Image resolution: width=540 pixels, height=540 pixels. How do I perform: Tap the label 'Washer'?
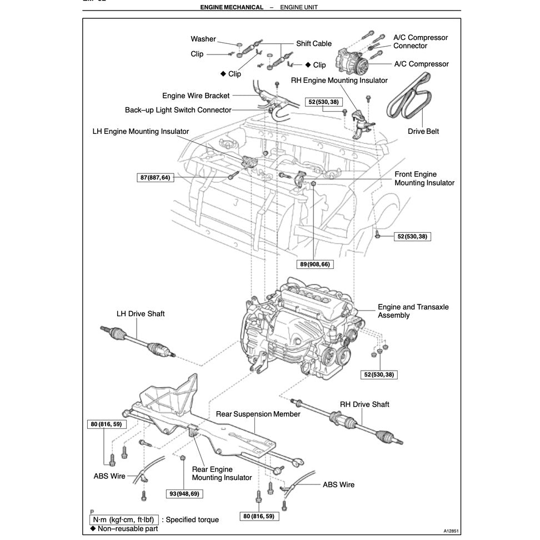(x=203, y=39)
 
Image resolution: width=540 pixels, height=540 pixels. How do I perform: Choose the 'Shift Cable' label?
(x=314, y=43)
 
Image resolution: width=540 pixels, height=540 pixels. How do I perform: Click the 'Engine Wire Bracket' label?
(x=196, y=96)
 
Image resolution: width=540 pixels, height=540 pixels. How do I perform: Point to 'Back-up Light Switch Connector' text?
(x=178, y=110)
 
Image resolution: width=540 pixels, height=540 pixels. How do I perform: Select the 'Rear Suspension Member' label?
(x=258, y=414)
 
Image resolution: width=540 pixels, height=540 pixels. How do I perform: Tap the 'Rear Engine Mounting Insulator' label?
(x=222, y=473)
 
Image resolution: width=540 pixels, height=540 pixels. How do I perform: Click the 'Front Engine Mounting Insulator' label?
(x=424, y=178)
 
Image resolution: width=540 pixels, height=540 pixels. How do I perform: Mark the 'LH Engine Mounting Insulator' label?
(x=141, y=132)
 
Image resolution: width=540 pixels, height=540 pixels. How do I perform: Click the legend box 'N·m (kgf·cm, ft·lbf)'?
(x=124, y=519)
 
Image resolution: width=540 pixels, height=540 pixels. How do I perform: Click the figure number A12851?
(x=451, y=531)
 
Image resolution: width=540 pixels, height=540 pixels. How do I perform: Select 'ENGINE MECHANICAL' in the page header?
(x=232, y=7)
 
